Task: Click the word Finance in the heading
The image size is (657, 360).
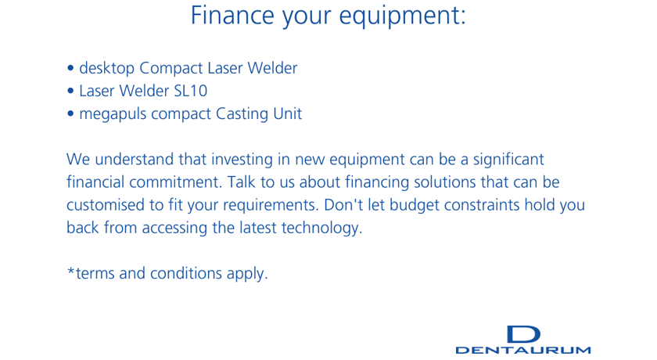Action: click(232, 15)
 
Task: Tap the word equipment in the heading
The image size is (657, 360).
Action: click(402, 16)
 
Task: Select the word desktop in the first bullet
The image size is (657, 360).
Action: click(107, 68)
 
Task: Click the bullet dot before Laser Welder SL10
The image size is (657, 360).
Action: click(70, 91)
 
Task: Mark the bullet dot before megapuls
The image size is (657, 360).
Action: click(70, 113)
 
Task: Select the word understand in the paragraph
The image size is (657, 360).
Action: click(134, 159)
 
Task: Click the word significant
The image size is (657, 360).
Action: click(508, 160)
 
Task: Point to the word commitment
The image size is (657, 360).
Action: click(175, 182)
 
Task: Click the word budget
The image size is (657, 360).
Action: click(414, 205)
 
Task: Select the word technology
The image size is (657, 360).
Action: click(321, 229)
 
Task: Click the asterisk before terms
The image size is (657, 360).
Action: click(71, 271)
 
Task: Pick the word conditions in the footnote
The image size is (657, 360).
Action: click(186, 274)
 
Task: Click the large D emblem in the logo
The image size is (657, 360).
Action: click(523, 334)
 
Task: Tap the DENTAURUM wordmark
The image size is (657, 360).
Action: click(523, 350)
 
